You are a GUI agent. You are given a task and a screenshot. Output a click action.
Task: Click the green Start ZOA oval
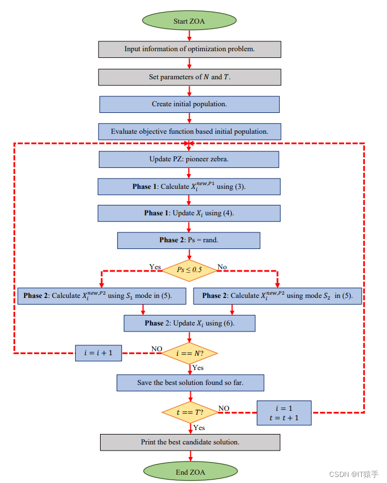pyautogui.click(x=189, y=21)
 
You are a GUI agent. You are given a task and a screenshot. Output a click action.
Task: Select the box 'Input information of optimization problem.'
pyautogui.click(x=190, y=49)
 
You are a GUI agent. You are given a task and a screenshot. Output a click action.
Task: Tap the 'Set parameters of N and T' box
pyautogui.click(x=190, y=77)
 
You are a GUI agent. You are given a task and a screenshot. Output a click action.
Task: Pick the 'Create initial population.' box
pyautogui.click(x=190, y=104)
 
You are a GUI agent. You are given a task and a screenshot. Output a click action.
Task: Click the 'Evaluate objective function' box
pyautogui.click(x=190, y=132)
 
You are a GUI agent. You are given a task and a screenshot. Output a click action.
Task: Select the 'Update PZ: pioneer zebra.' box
pyautogui.click(x=190, y=159)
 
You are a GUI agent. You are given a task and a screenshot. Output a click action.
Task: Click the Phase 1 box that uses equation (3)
pyautogui.click(x=189, y=186)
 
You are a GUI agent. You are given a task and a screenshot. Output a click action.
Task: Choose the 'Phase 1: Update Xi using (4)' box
pyautogui.click(x=189, y=213)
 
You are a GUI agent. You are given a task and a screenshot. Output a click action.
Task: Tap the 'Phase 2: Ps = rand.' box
pyautogui.click(x=189, y=240)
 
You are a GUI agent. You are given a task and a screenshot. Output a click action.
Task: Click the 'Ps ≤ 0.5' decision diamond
pyautogui.click(x=189, y=270)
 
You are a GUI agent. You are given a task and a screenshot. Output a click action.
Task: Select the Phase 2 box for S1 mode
pyautogui.click(x=98, y=296)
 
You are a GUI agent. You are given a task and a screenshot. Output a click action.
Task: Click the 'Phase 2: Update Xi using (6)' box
pyautogui.click(x=190, y=323)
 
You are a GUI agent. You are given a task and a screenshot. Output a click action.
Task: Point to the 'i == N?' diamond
pyautogui.click(x=189, y=352)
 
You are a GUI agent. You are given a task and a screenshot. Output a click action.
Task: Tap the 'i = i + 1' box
pyautogui.click(x=98, y=353)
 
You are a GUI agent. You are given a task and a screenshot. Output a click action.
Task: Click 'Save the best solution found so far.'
pyautogui.click(x=190, y=383)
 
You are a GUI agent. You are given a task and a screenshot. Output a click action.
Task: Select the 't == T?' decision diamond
pyautogui.click(x=190, y=412)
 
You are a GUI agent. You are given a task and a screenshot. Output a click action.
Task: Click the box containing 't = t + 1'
pyautogui.click(x=284, y=413)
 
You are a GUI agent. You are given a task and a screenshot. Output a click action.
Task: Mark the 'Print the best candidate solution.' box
pyautogui.click(x=190, y=442)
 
